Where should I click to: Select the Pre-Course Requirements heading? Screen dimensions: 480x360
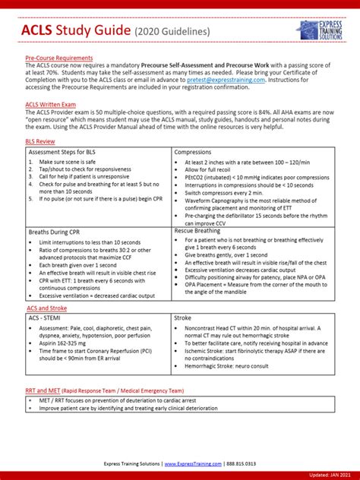58,58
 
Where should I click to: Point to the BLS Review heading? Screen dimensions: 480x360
39,141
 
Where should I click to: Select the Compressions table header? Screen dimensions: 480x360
194,152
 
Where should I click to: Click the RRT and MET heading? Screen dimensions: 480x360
44,390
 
